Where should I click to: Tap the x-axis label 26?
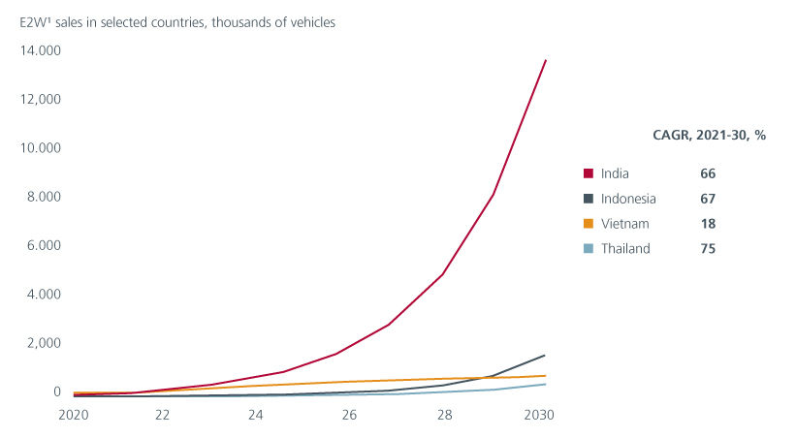(349, 415)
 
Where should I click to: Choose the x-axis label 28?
(443, 415)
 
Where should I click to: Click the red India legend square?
(588, 173)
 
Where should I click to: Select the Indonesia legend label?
(628, 199)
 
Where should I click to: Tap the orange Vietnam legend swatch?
(588, 224)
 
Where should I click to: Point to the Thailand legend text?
(625, 249)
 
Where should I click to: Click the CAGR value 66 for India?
(707, 173)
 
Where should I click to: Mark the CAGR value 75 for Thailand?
(707, 249)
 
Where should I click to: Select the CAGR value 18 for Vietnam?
(707, 224)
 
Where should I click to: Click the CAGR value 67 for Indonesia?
(707, 199)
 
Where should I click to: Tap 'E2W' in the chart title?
(31, 22)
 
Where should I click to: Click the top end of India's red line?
(546, 60)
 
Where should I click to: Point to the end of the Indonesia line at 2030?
(545, 356)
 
